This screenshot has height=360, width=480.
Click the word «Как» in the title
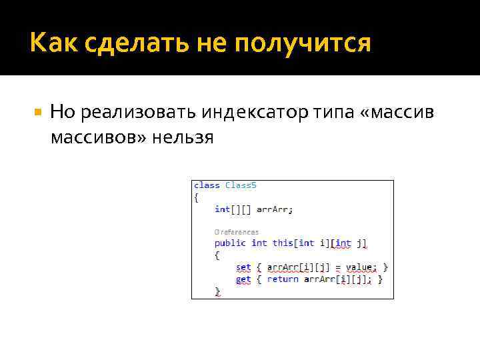(49, 44)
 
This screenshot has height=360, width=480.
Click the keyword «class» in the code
(207, 185)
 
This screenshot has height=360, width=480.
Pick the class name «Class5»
(241, 185)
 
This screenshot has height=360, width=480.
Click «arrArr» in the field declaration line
(273, 209)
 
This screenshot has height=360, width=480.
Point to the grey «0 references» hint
(236, 232)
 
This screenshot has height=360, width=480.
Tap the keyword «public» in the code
(230, 243)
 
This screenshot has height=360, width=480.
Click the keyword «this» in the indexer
(283, 243)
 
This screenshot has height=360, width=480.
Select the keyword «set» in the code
(243, 267)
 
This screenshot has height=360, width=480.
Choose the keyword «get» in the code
(243, 279)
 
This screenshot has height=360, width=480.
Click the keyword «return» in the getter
(283, 279)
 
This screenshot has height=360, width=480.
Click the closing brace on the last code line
(217, 291)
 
